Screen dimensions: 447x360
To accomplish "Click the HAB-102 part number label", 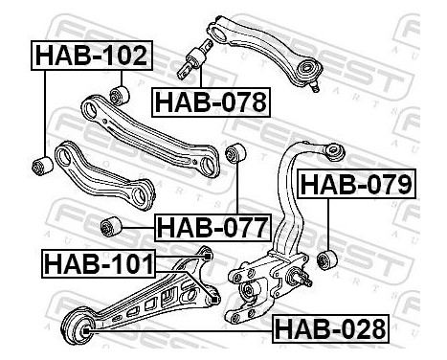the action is pyautogui.click(x=92, y=56).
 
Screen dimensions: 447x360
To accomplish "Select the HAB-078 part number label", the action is pyautogui.click(x=211, y=102).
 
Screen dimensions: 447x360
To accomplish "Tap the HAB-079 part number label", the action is pyautogui.click(x=356, y=184).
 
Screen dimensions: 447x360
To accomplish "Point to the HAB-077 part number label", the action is pyautogui.click(x=212, y=228).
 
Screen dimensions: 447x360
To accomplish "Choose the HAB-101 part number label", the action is pyautogui.click(x=99, y=263).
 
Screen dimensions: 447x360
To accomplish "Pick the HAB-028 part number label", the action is pyautogui.click(x=330, y=328).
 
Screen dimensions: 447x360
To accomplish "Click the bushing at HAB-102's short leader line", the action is pyautogui.click(x=120, y=95).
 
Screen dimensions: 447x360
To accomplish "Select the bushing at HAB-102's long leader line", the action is pyautogui.click(x=43, y=166).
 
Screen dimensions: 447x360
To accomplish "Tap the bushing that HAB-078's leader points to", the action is pyautogui.click(x=192, y=60).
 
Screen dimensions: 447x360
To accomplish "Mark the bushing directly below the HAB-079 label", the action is pyautogui.click(x=327, y=259).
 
